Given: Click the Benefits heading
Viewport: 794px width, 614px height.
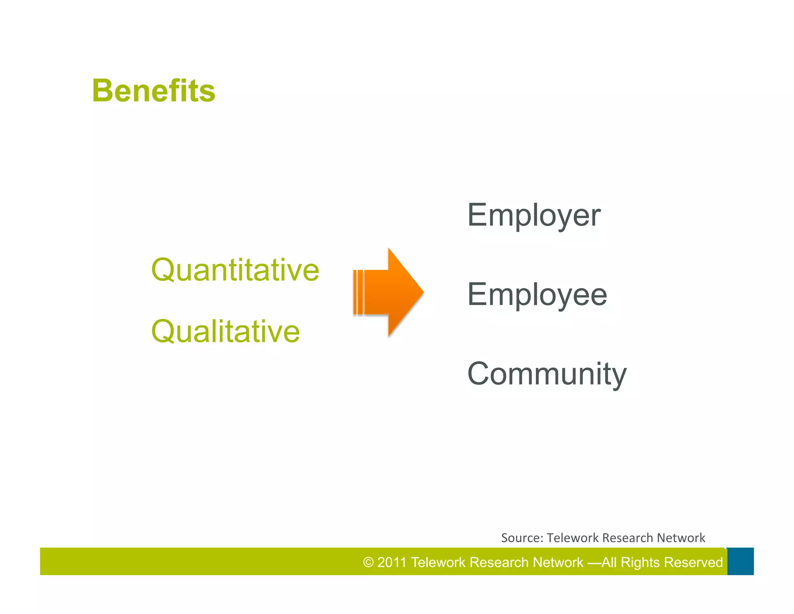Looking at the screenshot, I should pos(154,91).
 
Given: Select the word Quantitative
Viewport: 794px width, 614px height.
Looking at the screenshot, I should pos(235,270).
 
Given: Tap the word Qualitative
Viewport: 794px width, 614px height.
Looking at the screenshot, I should pos(225,331).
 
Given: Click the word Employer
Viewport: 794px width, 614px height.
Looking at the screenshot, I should pos(534,215).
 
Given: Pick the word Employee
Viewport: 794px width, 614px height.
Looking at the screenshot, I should pos(537,295).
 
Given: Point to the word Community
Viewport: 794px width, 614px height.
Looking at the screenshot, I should pos(547,374).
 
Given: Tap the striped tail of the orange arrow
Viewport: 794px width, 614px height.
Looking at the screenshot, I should pos(358,292).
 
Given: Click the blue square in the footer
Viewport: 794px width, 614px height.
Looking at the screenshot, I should pos(740,561).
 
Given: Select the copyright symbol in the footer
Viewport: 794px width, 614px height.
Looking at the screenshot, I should pos(368,562).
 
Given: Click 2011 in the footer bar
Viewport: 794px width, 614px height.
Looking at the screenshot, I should pos(392,562).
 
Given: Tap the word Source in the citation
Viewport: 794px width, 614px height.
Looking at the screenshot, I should pos(521,538).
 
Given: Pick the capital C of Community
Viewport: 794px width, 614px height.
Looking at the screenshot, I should pos(481,374).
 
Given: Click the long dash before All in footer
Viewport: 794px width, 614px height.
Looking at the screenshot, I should pos(594,562).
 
